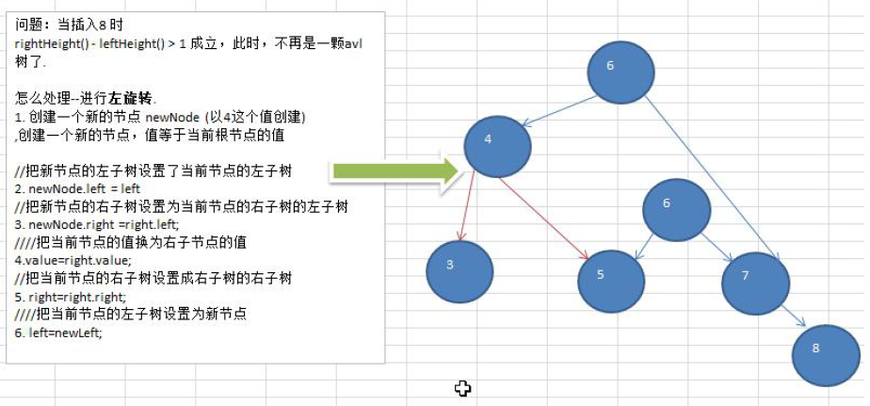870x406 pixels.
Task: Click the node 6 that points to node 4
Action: [620, 68]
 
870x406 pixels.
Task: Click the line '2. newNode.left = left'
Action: [77, 188]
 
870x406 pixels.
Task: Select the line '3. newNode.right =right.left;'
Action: [90, 225]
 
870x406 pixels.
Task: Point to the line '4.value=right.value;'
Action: [72, 259]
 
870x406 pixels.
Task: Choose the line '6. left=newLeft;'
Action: [58, 332]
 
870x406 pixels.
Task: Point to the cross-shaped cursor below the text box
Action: [462, 388]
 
